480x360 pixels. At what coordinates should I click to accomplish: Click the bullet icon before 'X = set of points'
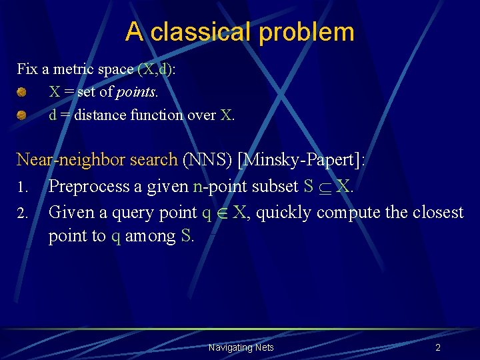coord(22,92)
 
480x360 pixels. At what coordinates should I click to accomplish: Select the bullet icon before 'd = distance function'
coord(22,115)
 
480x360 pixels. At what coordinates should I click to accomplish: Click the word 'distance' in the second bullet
coord(100,115)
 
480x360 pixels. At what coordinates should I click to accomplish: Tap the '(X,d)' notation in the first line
coord(157,69)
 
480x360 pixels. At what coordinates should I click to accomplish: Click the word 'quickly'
coord(284,213)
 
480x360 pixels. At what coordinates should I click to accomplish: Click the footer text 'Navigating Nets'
coord(241,347)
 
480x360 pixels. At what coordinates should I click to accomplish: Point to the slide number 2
coord(437,347)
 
